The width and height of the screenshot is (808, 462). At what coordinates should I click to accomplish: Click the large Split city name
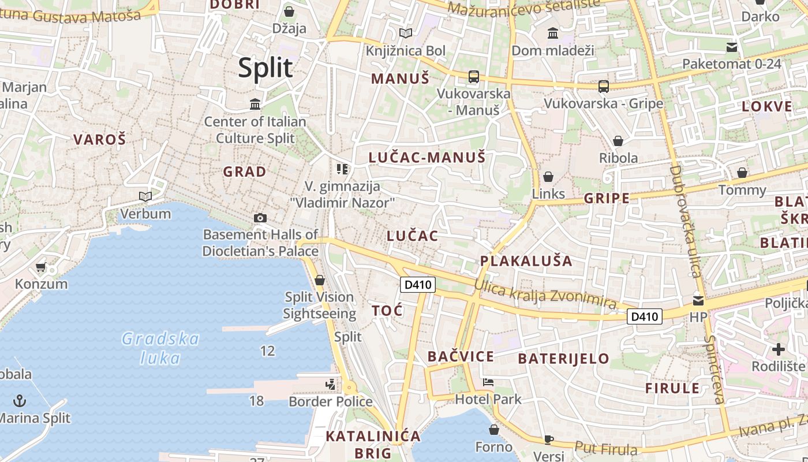[265, 68]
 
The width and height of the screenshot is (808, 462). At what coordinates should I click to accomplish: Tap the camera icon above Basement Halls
[260, 218]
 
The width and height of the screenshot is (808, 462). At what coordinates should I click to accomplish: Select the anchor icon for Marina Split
[20, 400]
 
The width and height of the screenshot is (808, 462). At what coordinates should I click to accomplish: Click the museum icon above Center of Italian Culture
[255, 104]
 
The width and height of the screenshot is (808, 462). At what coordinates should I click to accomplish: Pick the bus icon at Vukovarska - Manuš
[473, 76]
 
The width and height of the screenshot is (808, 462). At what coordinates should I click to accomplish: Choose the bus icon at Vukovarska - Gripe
[604, 87]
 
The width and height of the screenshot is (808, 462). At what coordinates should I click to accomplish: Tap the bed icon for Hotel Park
[488, 382]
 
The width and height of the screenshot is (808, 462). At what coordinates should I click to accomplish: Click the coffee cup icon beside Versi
[548, 439]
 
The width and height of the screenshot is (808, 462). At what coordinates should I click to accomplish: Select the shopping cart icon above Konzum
[40, 267]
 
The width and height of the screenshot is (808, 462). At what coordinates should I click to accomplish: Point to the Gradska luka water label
[160, 348]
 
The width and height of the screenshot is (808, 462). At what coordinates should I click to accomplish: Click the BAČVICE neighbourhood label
[461, 356]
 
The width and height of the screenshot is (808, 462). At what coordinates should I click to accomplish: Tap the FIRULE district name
[672, 388]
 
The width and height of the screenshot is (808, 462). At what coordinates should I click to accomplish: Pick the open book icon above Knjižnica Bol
[406, 33]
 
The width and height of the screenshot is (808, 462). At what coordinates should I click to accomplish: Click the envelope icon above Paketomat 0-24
[732, 47]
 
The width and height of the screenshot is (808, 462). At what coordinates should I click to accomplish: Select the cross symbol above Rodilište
[779, 349]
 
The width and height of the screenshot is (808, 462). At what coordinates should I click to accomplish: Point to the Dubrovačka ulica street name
[686, 221]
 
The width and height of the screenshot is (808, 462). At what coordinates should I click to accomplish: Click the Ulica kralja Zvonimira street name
[545, 294]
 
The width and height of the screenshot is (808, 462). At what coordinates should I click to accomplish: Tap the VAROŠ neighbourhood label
[99, 139]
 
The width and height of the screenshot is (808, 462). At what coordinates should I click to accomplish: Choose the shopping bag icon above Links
[548, 177]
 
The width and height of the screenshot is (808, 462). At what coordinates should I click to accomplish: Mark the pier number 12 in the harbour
[267, 351]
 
